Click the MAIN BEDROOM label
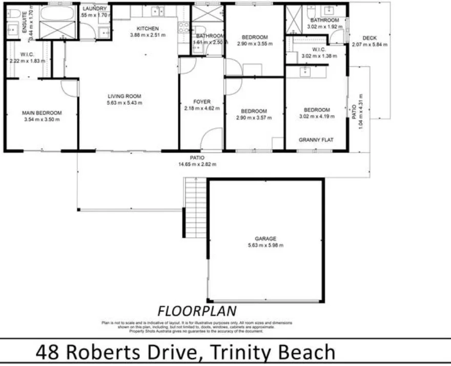point(42,113)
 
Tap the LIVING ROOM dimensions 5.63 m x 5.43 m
point(125,103)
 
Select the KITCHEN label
point(148,28)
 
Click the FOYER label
point(202,102)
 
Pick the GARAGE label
point(265,239)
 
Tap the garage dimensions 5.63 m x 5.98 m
point(265,245)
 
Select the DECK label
point(370,38)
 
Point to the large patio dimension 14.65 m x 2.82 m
point(197,164)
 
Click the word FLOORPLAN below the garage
point(197,311)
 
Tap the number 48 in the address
point(48,353)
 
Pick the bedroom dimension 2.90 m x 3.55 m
point(254,44)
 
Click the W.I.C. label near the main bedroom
point(27,54)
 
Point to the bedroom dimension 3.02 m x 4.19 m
point(316,117)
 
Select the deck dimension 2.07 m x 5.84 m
point(370,45)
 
